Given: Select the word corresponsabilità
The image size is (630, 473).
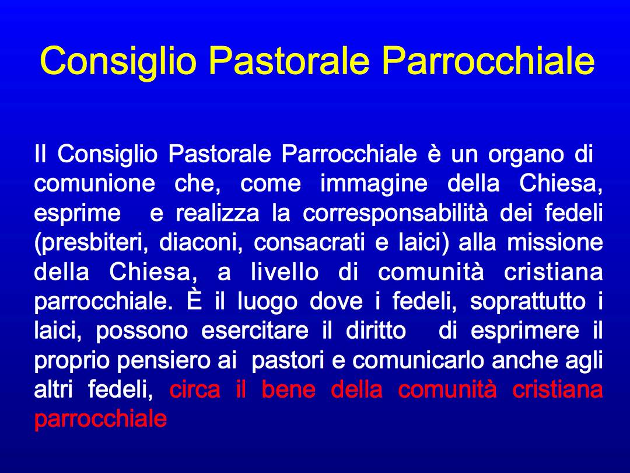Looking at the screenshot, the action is pyautogui.click(x=395, y=213).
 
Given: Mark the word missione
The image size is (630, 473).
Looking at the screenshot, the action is pyautogui.click(x=555, y=242).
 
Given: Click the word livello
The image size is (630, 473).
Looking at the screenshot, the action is pyautogui.click(x=285, y=272).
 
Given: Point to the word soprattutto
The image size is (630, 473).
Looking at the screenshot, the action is pyautogui.click(x=528, y=302).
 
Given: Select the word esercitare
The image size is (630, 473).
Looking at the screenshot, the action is pyautogui.click(x=255, y=331).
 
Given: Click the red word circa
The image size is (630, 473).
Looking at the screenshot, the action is pyautogui.click(x=195, y=389).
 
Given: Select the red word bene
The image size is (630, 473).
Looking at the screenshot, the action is pyautogui.click(x=289, y=389).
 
